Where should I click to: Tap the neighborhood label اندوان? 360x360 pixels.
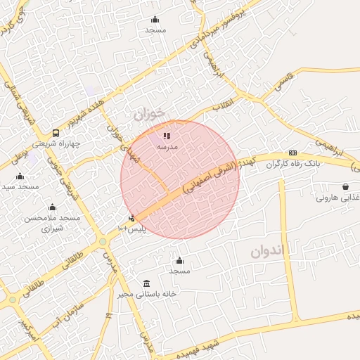[269, 252]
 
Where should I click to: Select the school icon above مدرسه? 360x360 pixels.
[167, 136]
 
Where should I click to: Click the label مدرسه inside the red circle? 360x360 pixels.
[167, 147]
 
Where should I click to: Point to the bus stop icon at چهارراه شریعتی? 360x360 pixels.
[56, 132]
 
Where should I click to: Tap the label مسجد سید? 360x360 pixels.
[19, 186]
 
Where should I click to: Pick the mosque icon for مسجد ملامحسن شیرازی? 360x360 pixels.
[52, 207]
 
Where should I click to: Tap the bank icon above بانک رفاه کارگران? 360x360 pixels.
[292, 153]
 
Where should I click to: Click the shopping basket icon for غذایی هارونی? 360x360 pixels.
[345, 186]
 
